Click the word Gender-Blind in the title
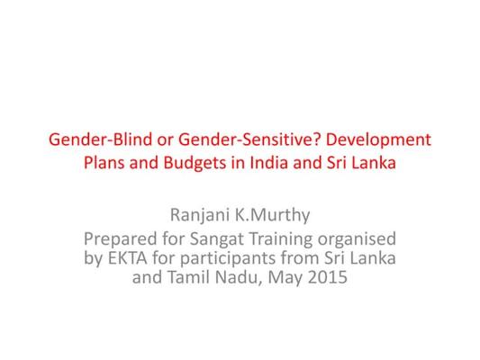pyautogui.click(x=100, y=139)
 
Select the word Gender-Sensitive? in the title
pyautogui.click(x=249, y=139)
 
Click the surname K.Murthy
pyautogui.click(x=272, y=216)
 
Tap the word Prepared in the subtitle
pyautogui.click(x=121, y=239)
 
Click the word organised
pyautogui.click(x=357, y=239)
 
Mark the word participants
pyautogui.click(x=228, y=259)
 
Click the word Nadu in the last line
pyautogui.click(x=239, y=278)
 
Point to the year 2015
pyautogui.click(x=328, y=278)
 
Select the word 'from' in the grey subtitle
pyautogui.click(x=300, y=258)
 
